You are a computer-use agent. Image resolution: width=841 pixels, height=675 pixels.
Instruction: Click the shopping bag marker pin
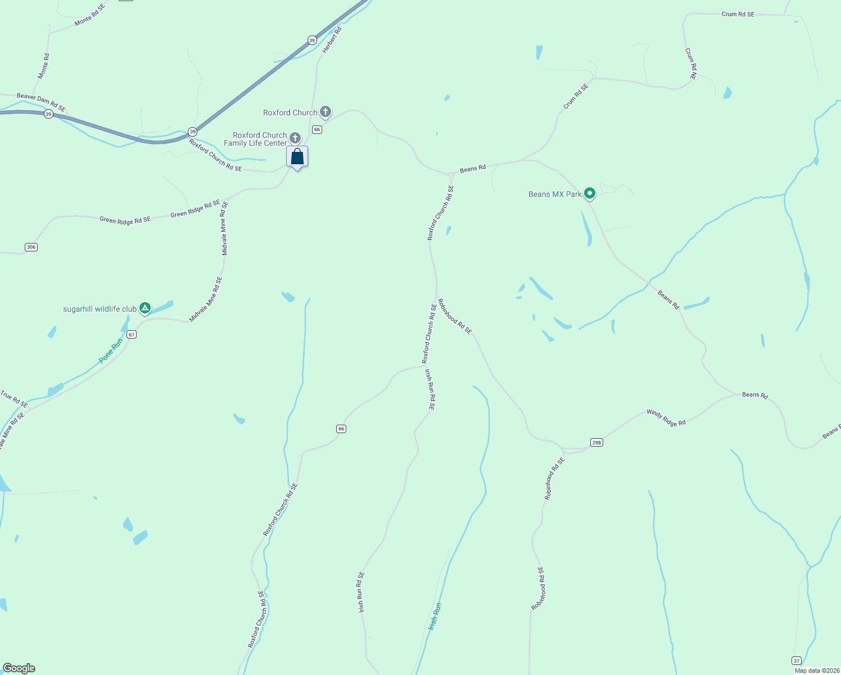297,157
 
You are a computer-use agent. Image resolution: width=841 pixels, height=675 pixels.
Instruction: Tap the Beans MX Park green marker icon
589,193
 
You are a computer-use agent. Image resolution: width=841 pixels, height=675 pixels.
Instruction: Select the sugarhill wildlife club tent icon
145,308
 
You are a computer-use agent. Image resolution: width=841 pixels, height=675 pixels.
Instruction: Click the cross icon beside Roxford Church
325,111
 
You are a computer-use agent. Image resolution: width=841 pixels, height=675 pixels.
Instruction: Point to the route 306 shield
31,247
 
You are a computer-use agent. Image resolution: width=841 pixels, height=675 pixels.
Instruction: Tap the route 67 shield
132,334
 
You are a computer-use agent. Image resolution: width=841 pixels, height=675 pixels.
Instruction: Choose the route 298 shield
596,442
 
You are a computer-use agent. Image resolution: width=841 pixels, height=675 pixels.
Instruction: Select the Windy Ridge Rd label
666,417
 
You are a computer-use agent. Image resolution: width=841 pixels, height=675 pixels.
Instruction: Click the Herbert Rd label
332,40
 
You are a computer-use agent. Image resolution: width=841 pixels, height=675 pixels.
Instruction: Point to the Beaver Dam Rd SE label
41,102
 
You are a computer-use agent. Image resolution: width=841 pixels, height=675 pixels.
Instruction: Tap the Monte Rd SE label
89,14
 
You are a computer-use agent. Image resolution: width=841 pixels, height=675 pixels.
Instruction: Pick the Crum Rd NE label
691,63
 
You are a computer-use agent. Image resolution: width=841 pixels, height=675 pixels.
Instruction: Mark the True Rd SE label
14,399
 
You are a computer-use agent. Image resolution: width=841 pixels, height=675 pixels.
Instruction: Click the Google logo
19,668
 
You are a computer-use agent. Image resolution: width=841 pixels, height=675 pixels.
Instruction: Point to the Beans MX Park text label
555,194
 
